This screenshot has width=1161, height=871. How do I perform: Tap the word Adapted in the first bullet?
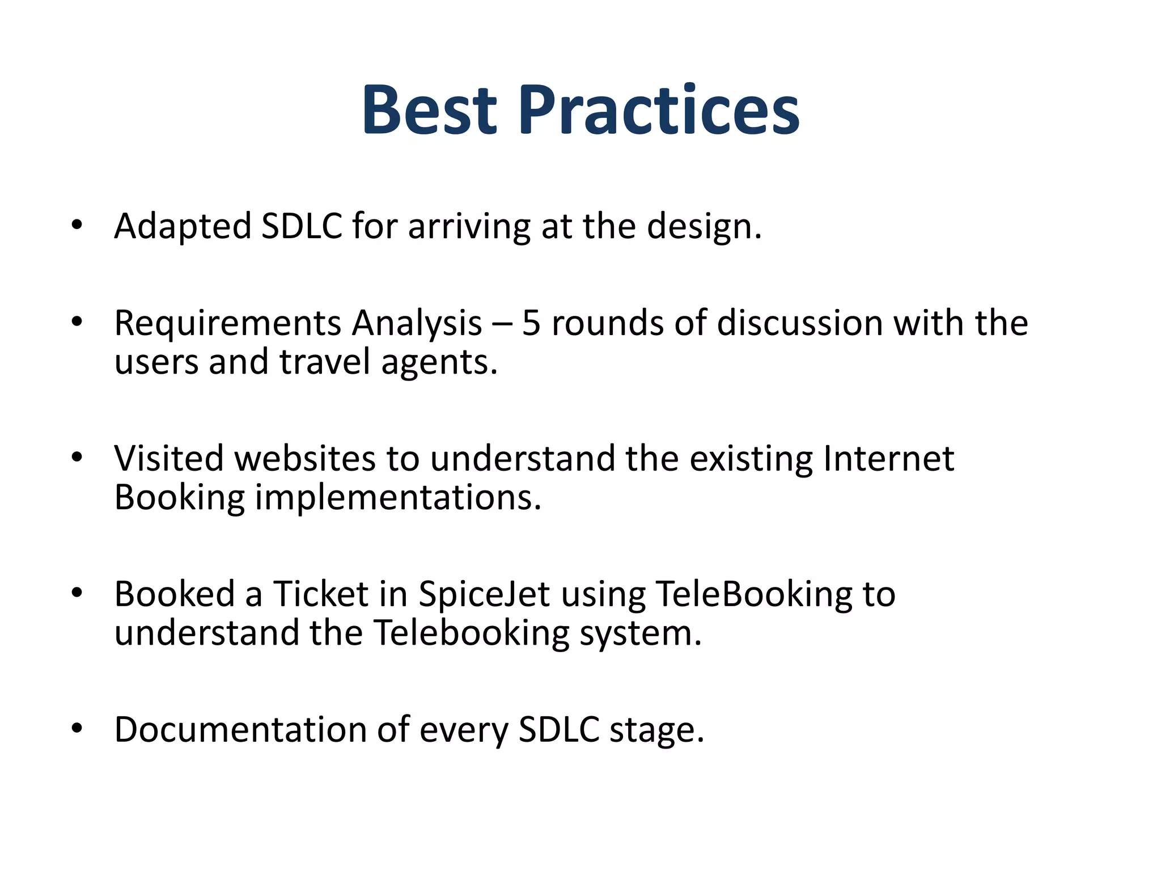(x=183, y=227)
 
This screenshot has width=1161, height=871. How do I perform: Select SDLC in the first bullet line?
(x=302, y=226)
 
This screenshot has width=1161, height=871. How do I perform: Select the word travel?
(x=325, y=362)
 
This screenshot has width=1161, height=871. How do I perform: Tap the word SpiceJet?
(x=484, y=594)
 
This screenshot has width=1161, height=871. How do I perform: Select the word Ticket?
(x=321, y=594)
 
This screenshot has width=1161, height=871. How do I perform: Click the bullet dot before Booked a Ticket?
(x=77, y=593)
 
